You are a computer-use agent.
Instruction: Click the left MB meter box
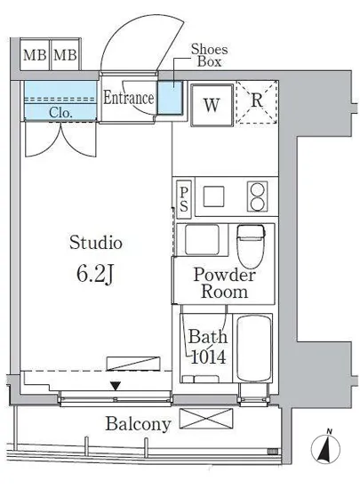click(x=35, y=55)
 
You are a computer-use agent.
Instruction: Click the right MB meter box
click(x=66, y=55)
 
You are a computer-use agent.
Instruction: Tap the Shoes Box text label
click(x=209, y=55)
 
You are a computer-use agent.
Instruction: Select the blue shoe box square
click(x=170, y=98)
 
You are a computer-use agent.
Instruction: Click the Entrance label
click(x=128, y=98)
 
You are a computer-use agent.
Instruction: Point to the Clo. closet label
click(x=60, y=113)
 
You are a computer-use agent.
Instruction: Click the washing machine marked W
click(x=212, y=105)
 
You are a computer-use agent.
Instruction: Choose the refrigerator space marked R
click(x=257, y=102)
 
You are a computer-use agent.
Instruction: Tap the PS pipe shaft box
click(x=184, y=199)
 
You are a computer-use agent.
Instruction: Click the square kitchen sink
click(x=214, y=196)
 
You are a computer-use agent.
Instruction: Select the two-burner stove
click(x=258, y=196)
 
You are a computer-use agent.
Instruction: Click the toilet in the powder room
click(x=251, y=245)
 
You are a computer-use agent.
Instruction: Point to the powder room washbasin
click(x=202, y=239)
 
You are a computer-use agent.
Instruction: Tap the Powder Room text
click(x=224, y=283)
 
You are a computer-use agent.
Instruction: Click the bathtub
click(x=253, y=348)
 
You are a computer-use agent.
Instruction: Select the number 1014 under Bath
click(x=208, y=357)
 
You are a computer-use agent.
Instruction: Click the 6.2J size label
click(x=94, y=275)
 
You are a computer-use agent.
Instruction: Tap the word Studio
click(x=96, y=243)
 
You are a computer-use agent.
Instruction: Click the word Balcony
click(x=139, y=424)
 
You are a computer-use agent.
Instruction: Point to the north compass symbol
click(x=325, y=448)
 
